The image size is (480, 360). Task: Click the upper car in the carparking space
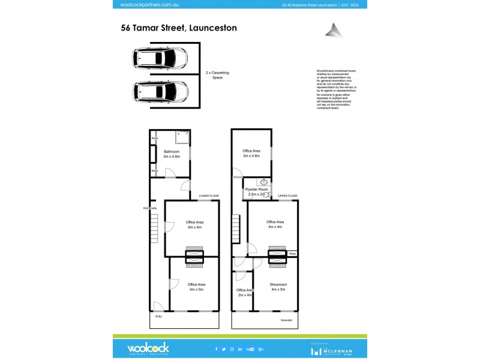(159, 58)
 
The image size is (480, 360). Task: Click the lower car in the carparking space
(159, 91)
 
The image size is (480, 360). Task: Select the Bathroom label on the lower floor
(172, 154)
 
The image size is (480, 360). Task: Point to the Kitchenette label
(150, 208)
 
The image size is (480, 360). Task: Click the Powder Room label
(256, 192)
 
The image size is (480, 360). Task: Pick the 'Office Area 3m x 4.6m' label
(251, 153)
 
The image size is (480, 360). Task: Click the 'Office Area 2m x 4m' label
(244, 292)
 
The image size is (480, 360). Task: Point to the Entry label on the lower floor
(159, 316)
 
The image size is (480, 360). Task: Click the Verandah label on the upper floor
(286, 320)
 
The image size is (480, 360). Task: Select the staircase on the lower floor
(155, 229)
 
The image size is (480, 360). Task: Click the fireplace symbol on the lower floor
(194, 256)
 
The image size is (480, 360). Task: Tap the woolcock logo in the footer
(148, 348)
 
